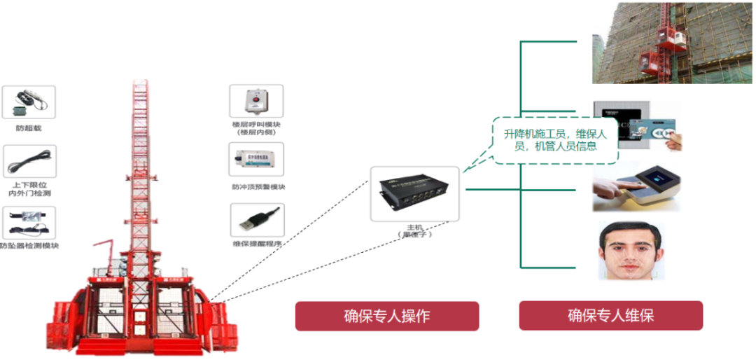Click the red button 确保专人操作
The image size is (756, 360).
(386, 316)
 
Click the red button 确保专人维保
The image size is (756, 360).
(610, 316)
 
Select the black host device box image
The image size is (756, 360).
(414, 194)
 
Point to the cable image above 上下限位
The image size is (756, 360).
(29, 161)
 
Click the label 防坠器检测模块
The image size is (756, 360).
(29, 247)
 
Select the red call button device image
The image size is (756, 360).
(256, 101)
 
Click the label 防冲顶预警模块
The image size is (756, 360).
(258, 187)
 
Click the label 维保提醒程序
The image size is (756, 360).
(257, 244)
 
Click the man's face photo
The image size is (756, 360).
(631, 250)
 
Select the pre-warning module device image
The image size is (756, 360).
(256, 160)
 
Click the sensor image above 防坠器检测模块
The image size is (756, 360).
(29, 223)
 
